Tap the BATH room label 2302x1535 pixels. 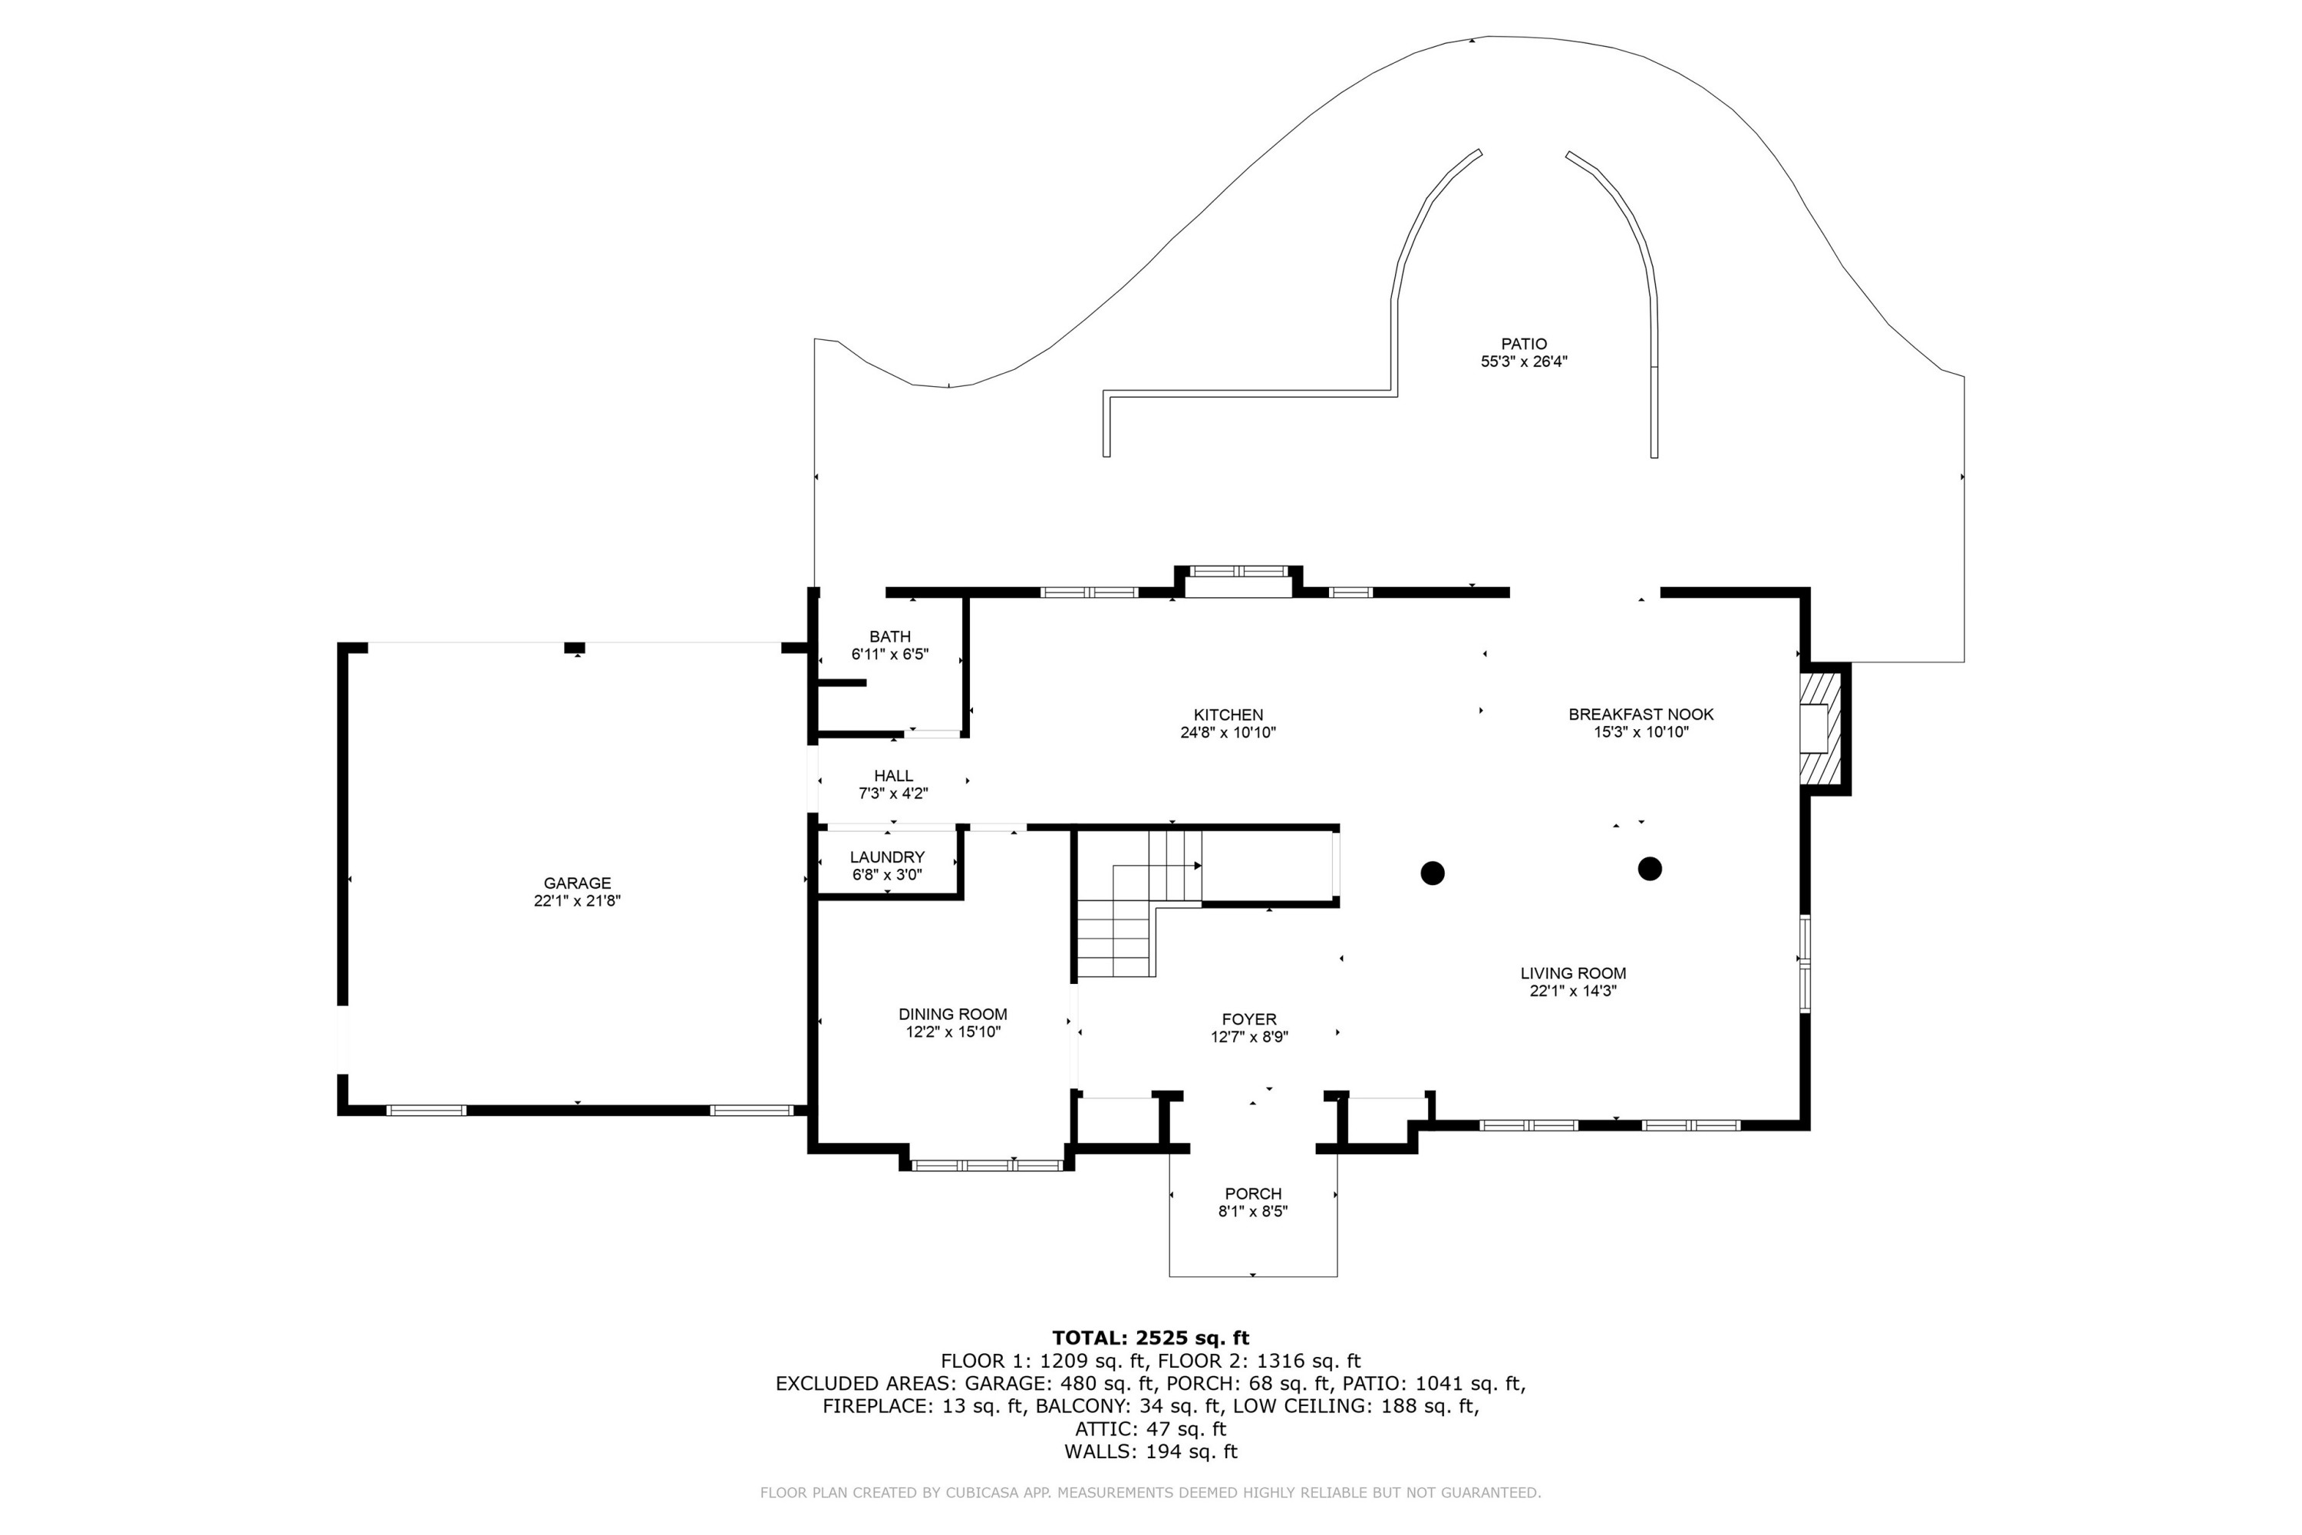coord(889,636)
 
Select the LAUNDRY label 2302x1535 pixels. coord(887,857)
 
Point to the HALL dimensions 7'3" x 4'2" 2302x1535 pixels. coord(892,794)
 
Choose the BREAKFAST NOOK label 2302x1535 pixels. coord(1641,715)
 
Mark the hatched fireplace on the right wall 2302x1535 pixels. coord(1820,728)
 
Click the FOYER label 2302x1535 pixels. coord(1249,1019)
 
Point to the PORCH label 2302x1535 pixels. coord(1253,1193)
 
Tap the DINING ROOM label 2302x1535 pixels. coord(952,1014)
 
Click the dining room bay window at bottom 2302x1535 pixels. coord(987,1165)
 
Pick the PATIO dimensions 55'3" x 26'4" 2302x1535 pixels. coord(1524,361)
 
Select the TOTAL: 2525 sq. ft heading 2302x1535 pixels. coord(1150,1337)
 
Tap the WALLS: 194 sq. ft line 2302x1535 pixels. coord(1150,1452)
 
